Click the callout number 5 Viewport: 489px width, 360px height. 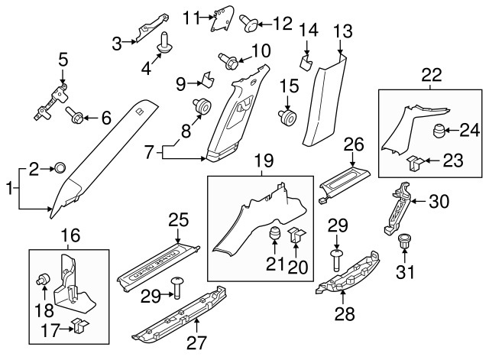[63, 58]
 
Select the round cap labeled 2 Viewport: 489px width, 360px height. [60, 168]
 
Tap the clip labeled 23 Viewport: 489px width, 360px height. [413, 162]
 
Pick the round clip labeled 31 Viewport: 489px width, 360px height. [404, 244]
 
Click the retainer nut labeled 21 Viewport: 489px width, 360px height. [274, 234]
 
